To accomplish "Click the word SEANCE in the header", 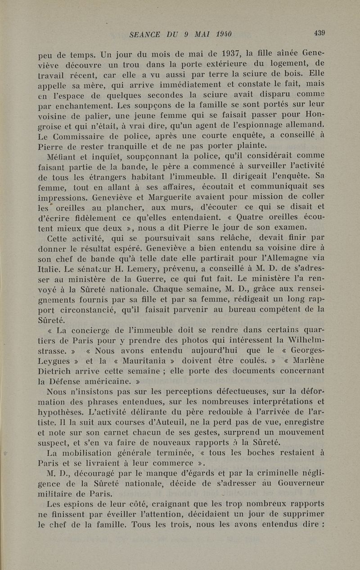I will tap(144, 34).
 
